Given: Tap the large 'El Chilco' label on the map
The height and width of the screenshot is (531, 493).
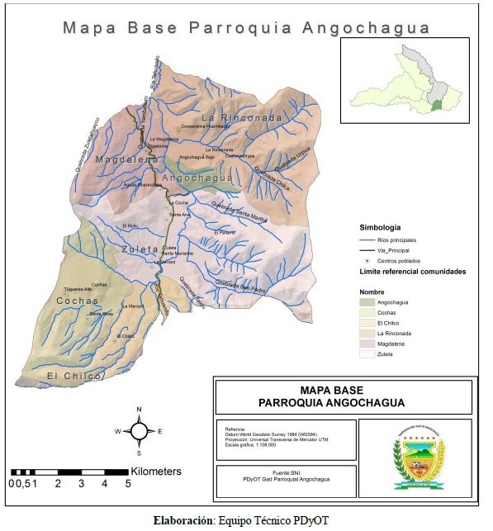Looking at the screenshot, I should pos(73,377).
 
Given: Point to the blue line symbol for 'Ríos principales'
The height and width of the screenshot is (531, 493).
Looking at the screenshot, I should pos(370,239).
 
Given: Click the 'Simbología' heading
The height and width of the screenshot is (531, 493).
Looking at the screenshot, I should pos(381,226).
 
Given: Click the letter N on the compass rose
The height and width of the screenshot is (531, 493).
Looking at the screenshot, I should pos(140,410).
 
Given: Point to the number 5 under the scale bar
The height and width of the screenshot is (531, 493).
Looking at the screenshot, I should pos(128,484).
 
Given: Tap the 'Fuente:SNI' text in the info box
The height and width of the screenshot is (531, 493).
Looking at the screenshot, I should pos(286,472).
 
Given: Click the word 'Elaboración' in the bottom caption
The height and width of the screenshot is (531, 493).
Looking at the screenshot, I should pos(183,521).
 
